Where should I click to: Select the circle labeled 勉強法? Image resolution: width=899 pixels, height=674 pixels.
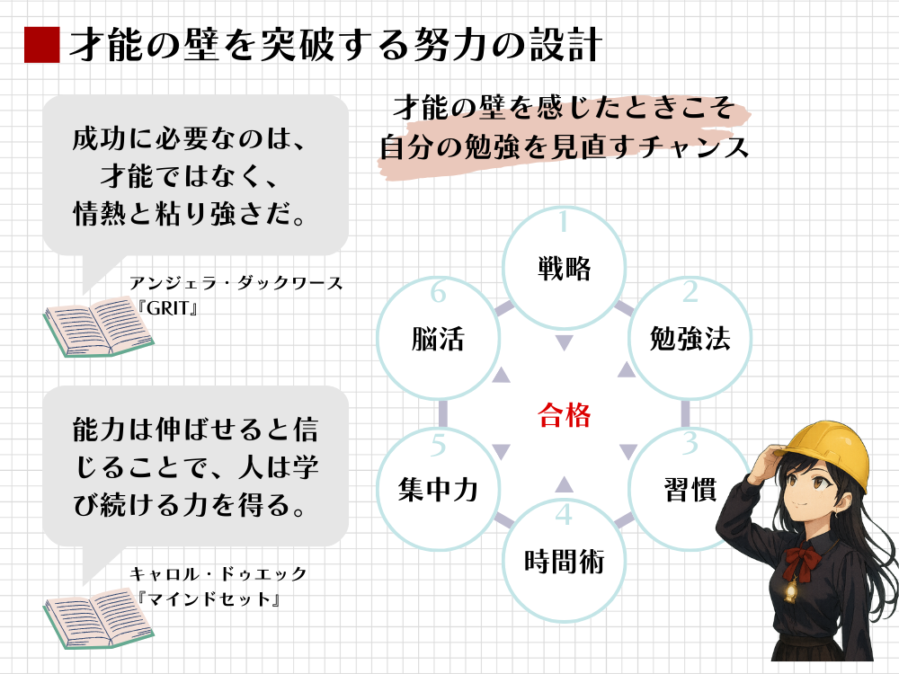690,338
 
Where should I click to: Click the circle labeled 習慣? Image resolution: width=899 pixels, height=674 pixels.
690,490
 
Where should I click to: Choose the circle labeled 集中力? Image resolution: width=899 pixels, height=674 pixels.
438,490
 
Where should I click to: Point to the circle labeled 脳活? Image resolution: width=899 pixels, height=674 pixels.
438,338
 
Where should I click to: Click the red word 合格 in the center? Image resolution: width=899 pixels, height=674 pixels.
564,415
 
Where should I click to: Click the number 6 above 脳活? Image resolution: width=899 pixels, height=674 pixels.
439,292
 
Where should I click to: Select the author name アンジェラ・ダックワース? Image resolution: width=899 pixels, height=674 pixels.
236,282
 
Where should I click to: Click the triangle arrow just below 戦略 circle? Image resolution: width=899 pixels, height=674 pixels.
564,341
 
